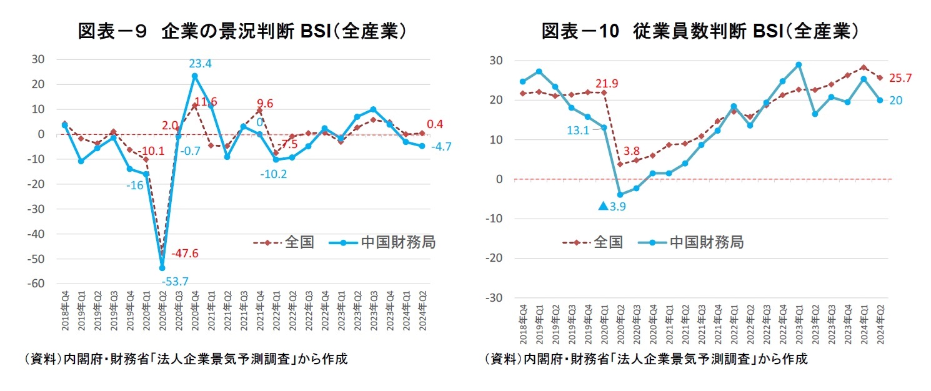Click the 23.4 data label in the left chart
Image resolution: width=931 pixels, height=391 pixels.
pyautogui.click(x=201, y=63)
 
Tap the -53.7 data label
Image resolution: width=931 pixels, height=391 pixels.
pyautogui.click(x=174, y=282)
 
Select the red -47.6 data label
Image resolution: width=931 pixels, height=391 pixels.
pyautogui.click(x=186, y=253)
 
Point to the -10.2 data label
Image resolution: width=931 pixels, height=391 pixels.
pyautogui.click(x=273, y=174)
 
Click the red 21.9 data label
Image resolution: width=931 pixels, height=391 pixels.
pyautogui.click(x=607, y=83)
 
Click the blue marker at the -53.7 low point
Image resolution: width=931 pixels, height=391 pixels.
pyautogui.click(x=162, y=268)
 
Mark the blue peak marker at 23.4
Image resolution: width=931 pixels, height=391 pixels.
pyautogui.click(x=195, y=76)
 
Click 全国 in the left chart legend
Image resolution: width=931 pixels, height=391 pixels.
pyautogui.click(x=299, y=242)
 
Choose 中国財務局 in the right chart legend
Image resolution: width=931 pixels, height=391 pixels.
pyautogui.click(x=706, y=242)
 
